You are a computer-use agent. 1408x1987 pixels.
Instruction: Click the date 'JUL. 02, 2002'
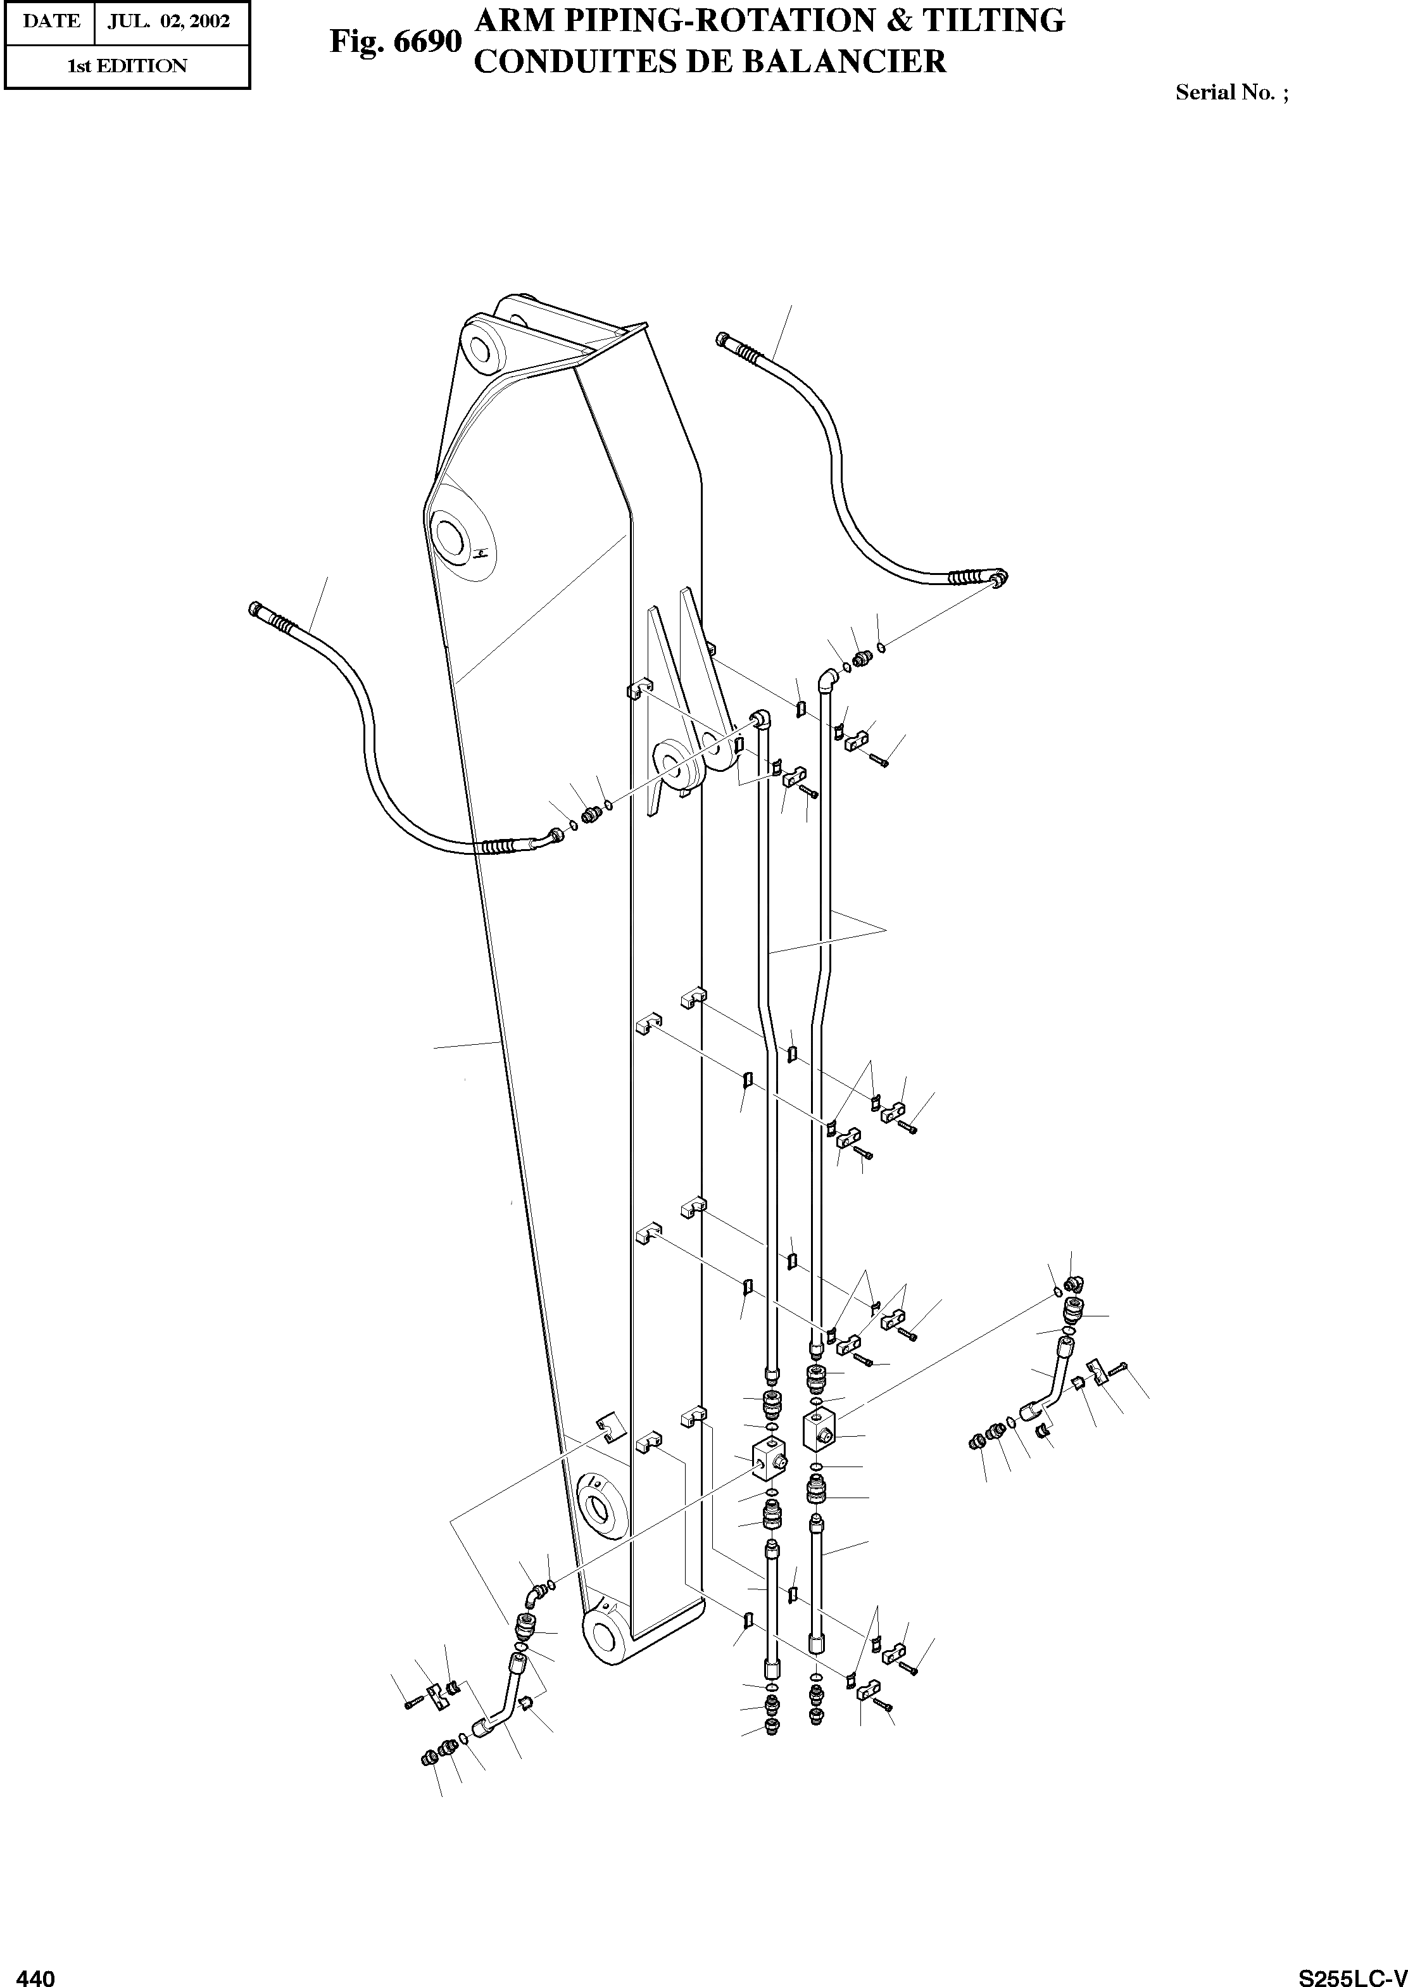(x=169, y=22)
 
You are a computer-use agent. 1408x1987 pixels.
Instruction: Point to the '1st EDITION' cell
(x=127, y=66)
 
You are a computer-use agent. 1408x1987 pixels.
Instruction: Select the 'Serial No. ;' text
(x=1232, y=92)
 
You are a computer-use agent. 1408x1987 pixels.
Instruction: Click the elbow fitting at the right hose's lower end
(x=998, y=578)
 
